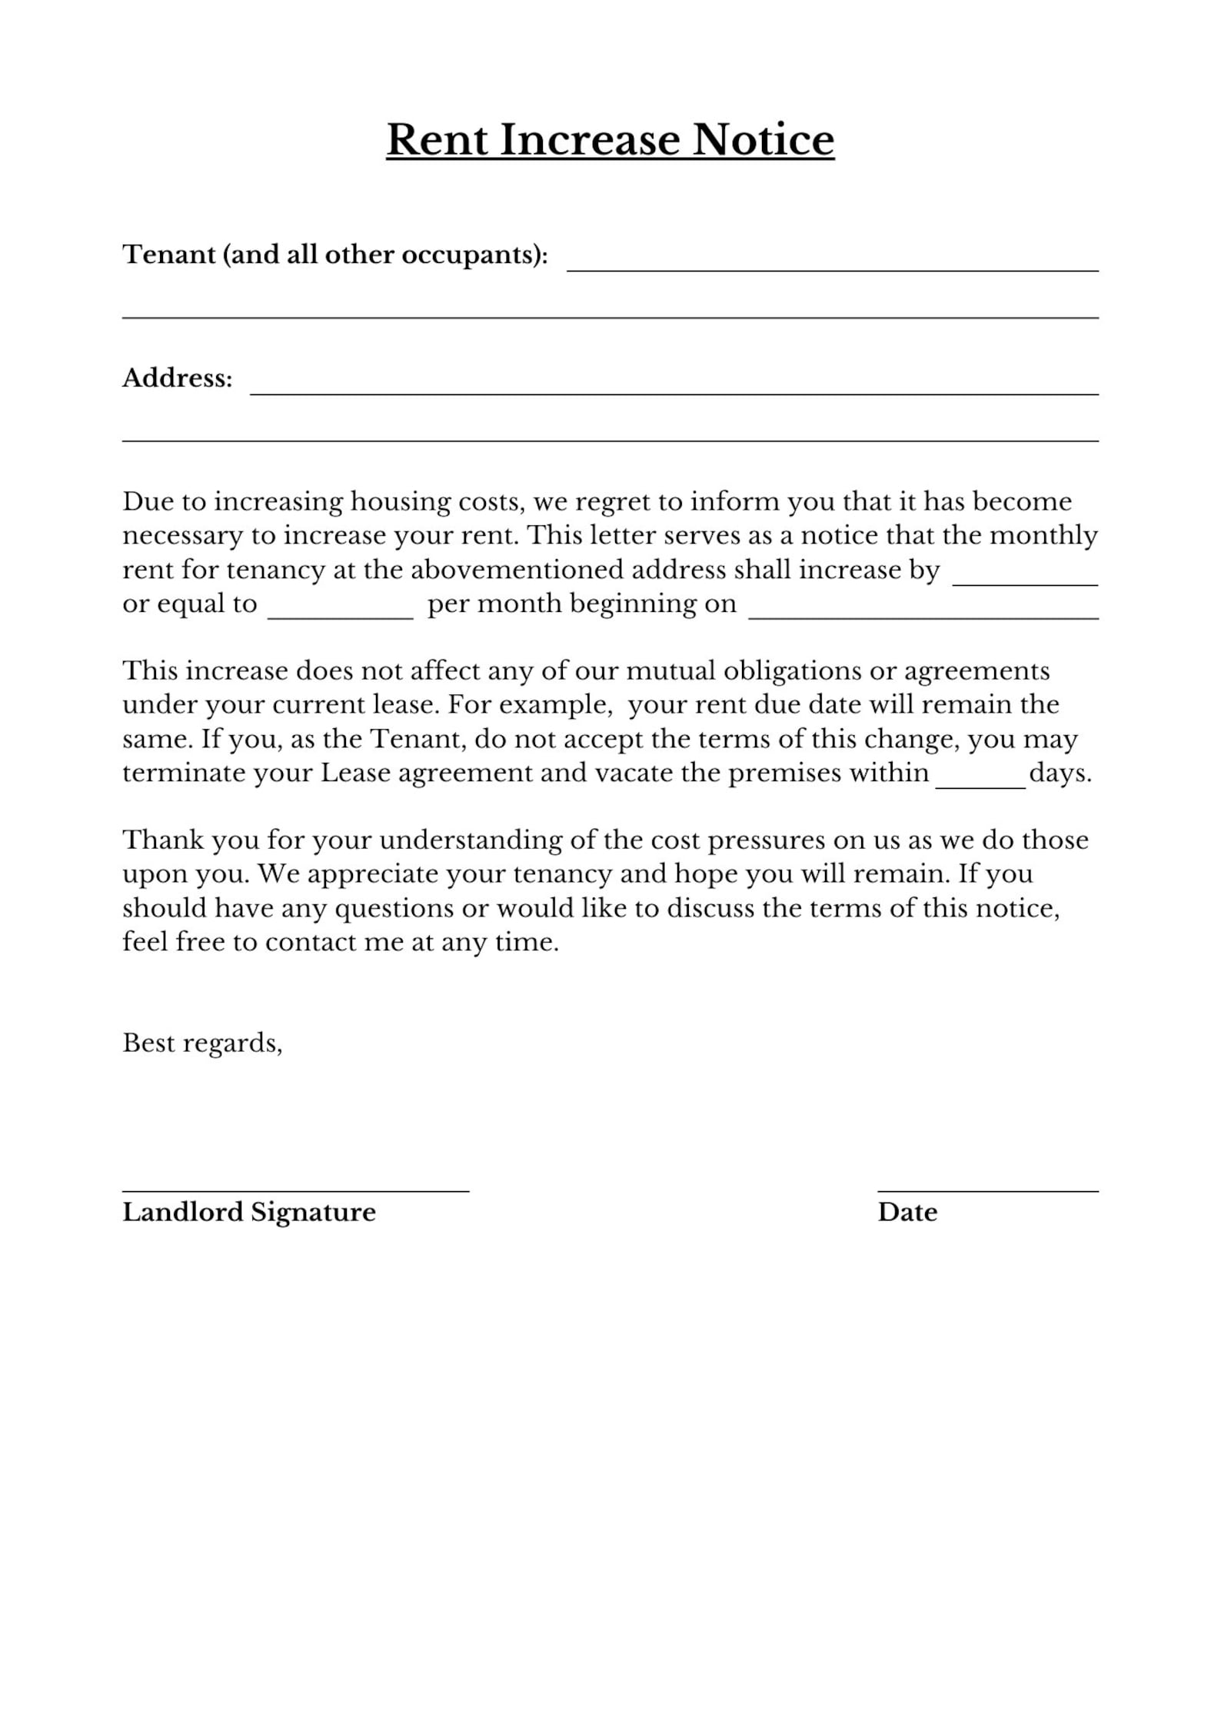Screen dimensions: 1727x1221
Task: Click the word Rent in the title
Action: (x=437, y=140)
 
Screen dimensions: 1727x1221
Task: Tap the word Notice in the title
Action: (x=763, y=140)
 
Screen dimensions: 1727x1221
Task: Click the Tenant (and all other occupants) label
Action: (x=335, y=255)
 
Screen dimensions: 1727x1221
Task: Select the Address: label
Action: (x=177, y=378)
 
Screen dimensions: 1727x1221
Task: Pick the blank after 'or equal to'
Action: (x=340, y=614)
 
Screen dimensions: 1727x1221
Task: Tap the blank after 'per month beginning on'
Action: (x=923, y=614)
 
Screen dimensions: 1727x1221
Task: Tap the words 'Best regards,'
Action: (x=202, y=1043)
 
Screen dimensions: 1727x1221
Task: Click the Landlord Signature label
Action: (x=249, y=1213)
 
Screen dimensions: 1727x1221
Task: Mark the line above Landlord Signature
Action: (x=295, y=1190)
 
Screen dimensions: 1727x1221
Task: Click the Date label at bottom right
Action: (x=907, y=1213)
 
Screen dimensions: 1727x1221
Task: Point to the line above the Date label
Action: (x=987, y=1190)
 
